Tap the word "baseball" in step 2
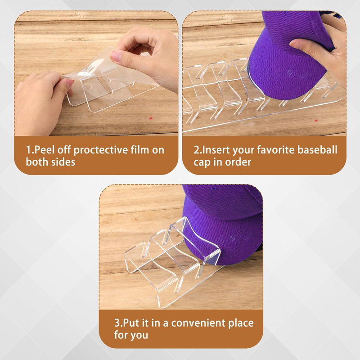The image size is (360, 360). point(317,150)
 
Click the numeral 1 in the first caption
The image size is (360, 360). point(28,150)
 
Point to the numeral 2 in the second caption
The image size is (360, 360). point(196,150)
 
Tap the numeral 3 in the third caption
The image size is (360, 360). point(117,323)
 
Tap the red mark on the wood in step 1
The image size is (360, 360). point(151,118)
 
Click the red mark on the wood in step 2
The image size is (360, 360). point(316,120)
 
